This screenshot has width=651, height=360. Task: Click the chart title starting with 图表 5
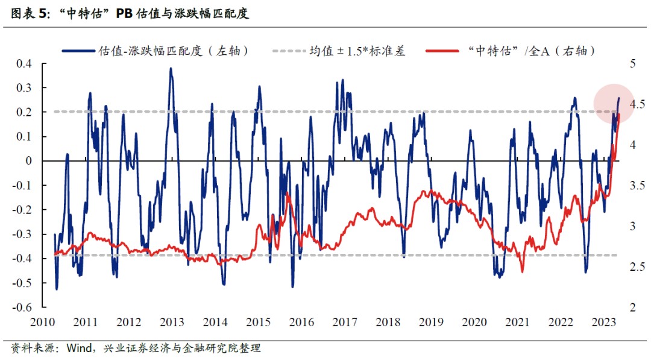tap(130, 14)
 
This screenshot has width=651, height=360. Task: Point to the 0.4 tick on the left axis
tap(24, 64)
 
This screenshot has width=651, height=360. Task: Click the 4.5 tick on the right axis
tap(632, 104)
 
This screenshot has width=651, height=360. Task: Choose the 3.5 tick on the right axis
tap(632, 186)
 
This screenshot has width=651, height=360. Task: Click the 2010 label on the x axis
tap(43, 322)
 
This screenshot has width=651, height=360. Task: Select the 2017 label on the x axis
tap(345, 322)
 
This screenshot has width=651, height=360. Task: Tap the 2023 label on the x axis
tap(603, 322)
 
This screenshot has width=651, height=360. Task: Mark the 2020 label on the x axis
tap(474, 322)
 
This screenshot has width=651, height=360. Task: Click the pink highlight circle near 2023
tap(614, 104)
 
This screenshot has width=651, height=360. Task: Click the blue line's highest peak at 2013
tap(171, 68)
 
